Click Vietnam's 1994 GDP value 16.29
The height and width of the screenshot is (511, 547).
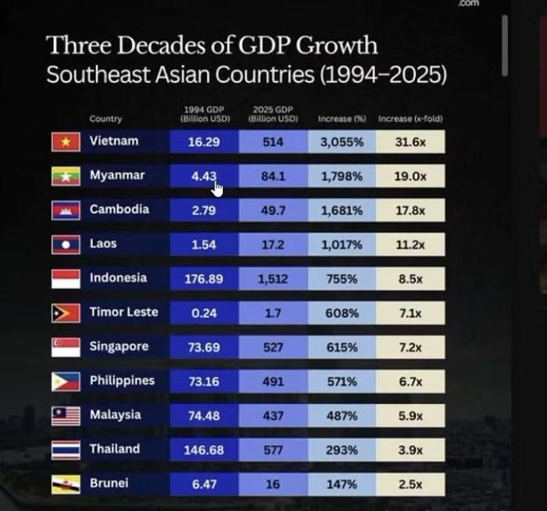click(204, 142)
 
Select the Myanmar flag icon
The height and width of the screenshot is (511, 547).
click(66, 176)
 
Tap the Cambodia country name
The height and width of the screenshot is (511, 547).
click(120, 209)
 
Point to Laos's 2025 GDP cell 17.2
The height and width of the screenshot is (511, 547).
click(273, 245)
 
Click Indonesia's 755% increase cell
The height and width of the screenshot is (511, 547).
click(342, 279)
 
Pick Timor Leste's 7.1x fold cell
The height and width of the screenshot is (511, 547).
click(410, 313)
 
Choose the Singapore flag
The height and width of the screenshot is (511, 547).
click(66, 347)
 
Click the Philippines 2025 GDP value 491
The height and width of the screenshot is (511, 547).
click(273, 381)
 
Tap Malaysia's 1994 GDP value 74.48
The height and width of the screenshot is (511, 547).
click(204, 416)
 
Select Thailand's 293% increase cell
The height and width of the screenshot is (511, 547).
click(342, 450)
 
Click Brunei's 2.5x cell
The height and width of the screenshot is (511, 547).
click(410, 484)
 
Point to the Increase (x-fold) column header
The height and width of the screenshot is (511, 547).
click(410, 119)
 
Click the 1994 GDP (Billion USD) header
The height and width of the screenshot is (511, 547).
click(205, 114)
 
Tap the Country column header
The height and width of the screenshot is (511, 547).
click(105, 119)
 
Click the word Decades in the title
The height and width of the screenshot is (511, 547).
click(162, 45)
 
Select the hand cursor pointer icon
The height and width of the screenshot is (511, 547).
click(217, 189)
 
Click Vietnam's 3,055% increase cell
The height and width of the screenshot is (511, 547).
click(342, 142)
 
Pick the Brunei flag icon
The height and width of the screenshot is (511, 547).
click(66, 484)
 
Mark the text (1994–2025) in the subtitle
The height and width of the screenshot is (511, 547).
click(383, 75)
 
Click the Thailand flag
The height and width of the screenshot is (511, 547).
click(66, 450)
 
